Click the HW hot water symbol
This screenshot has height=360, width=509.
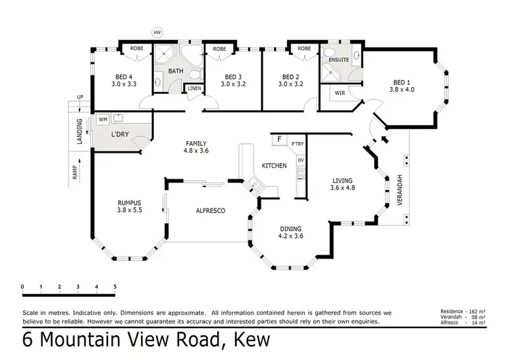tap(157, 32)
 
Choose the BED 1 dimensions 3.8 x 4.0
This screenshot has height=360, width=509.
tap(401, 89)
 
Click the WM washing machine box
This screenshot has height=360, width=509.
tap(103, 120)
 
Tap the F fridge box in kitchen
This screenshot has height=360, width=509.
tap(278, 140)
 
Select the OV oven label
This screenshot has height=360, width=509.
tap(300, 160)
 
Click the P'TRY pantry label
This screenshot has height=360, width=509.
tap(297, 145)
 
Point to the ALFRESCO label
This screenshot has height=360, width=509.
tap(210, 211)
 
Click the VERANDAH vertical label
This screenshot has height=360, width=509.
tap(400, 190)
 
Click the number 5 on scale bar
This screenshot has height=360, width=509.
tap(115, 287)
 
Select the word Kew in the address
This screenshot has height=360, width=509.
tap(250, 340)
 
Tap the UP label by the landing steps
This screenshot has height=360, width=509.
tap(80, 98)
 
